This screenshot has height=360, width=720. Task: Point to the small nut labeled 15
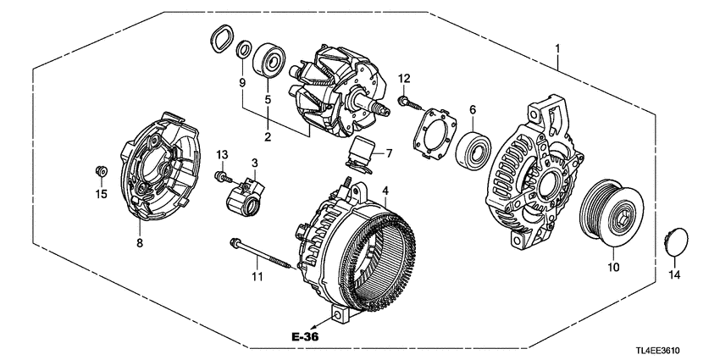[100, 174]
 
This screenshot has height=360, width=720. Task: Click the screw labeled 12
[404, 102]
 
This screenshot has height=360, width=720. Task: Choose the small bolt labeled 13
[221, 177]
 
